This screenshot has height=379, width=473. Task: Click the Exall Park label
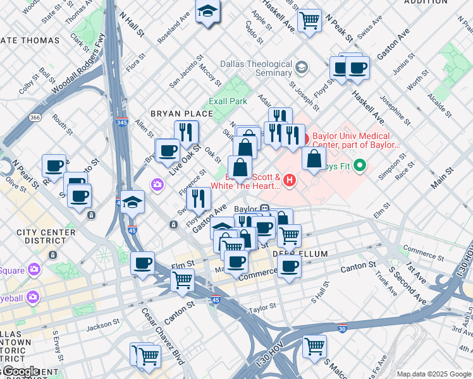[228, 101]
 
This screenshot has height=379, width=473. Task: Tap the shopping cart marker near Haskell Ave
[310, 20]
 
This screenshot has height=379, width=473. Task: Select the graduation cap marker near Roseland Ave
[207, 12]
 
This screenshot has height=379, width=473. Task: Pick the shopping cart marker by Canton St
[183, 279]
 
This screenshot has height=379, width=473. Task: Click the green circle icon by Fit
[360, 167]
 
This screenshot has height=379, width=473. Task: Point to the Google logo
[21, 371]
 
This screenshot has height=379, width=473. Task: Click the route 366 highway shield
[35, 117]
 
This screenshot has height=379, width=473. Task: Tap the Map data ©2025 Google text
[434, 374]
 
